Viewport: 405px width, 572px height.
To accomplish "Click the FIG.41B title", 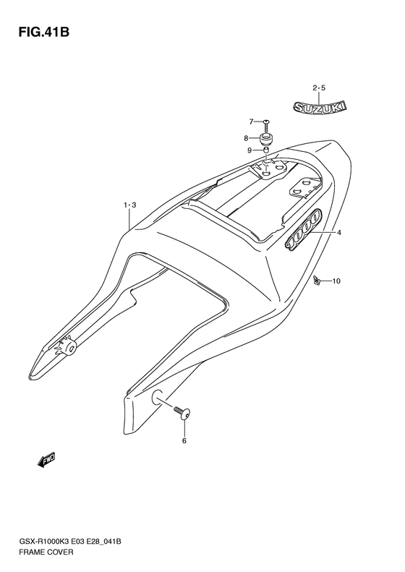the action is coord(43,32).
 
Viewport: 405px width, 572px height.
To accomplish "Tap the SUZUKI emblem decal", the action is coord(320,106).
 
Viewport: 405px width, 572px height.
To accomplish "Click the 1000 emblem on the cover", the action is coord(304,229).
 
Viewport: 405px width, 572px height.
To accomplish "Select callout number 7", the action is coord(251,121).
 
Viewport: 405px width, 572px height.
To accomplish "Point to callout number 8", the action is coord(247,138).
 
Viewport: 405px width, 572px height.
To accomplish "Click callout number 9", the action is coord(250,150).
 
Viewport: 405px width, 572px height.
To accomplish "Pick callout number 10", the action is coord(336,281).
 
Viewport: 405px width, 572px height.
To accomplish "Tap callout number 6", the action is coord(184,440).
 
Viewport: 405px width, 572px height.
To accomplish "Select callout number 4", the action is coord(339,232).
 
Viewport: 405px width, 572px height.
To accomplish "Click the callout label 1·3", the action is coord(129,205).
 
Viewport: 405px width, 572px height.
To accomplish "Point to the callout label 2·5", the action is coord(319,87).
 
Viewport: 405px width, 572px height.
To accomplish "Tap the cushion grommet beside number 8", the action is coord(266,139).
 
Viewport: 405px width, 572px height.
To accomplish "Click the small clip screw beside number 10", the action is coord(317,280).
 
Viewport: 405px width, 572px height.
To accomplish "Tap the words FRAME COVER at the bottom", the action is coord(47,552).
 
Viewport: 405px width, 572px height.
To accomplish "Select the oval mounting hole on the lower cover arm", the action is coord(157,396).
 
